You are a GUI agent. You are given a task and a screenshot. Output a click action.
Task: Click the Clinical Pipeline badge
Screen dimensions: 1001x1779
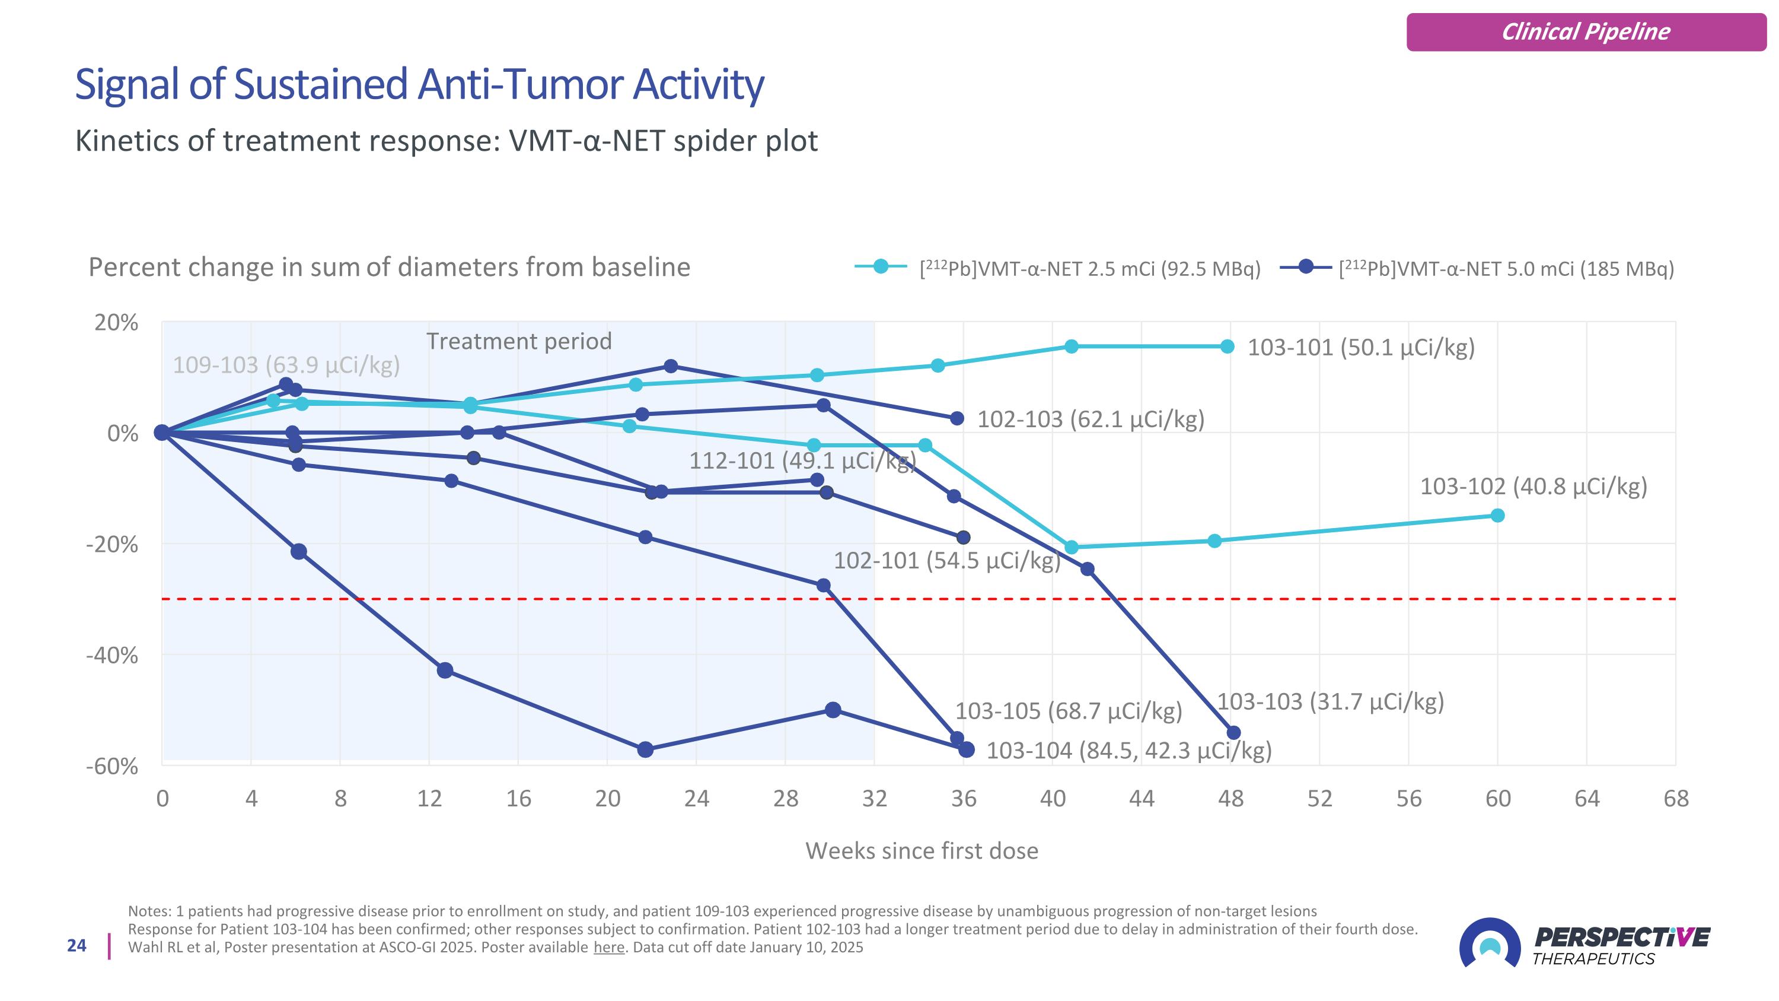pos(1586,32)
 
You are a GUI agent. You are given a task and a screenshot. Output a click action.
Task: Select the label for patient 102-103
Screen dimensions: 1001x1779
pos(1091,420)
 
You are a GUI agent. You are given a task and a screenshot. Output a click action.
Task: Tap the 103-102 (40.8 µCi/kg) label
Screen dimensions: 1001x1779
pos(1533,487)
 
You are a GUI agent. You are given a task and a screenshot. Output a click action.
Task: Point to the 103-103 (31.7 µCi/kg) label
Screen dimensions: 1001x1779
pos(1330,702)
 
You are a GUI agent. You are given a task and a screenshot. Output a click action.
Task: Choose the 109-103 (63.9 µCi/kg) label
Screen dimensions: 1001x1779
pos(286,365)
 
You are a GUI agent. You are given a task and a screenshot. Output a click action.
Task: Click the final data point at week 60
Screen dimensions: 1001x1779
pos(1497,516)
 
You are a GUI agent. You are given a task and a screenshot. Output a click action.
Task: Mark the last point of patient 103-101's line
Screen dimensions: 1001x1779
pos(1227,347)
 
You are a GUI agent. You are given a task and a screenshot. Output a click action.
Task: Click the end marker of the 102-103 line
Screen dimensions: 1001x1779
pos(957,419)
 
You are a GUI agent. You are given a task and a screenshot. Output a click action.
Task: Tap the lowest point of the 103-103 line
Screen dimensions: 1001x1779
pos(1233,733)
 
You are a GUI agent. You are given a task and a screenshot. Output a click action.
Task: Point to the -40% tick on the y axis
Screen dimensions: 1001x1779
pos(112,655)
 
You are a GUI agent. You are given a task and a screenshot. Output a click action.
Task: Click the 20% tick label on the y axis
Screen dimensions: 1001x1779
pos(117,323)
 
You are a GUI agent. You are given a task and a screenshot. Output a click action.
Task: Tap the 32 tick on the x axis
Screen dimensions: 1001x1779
pos(874,799)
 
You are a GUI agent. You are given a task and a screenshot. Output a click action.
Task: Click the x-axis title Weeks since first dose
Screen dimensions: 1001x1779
pos(922,850)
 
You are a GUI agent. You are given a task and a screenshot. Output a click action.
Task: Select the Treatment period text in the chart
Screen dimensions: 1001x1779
pos(519,341)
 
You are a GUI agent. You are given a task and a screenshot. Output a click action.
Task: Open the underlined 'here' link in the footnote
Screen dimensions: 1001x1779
pos(608,947)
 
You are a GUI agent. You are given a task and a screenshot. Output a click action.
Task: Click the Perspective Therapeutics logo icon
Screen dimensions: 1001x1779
pos(1489,943)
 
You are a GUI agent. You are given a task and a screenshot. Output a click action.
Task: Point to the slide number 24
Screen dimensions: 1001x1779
pos(76,946)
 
